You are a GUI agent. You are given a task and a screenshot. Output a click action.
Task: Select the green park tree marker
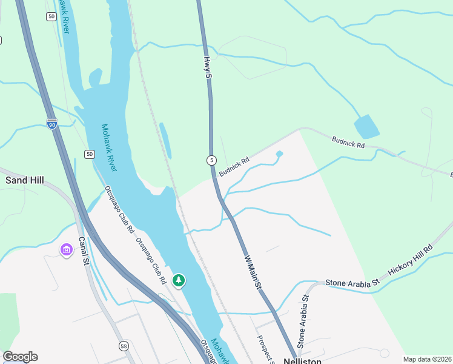178,280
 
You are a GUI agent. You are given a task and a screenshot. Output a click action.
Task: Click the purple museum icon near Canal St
65,249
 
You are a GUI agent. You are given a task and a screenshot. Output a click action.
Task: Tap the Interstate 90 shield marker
52,124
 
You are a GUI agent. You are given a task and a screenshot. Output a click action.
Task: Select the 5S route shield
124,346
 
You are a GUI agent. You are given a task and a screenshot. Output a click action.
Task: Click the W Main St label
254,272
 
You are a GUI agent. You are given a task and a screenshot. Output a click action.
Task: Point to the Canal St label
83,251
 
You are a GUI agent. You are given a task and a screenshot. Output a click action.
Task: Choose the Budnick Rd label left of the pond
234,167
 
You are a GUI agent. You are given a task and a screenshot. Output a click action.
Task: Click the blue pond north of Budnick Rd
366,127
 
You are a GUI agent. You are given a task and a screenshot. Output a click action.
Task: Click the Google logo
20,357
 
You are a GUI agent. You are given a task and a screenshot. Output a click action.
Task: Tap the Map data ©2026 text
427,359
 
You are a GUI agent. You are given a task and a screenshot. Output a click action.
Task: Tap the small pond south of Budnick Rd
279,154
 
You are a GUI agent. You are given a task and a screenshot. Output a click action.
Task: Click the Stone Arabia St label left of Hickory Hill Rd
352,283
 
